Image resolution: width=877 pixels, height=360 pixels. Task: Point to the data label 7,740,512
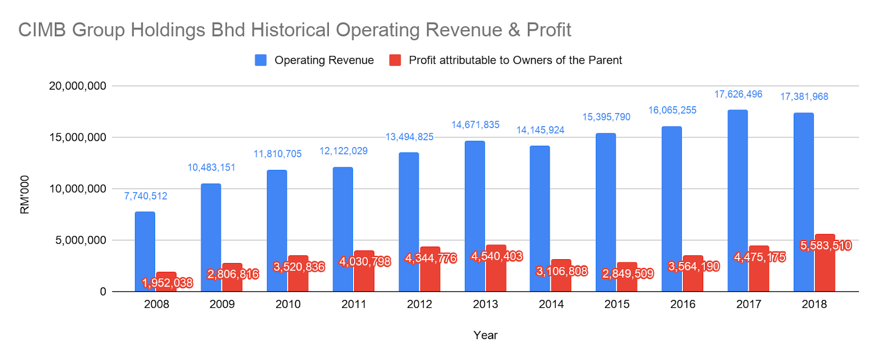coord(145,196)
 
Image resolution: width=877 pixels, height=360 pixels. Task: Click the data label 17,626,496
coord(738,94)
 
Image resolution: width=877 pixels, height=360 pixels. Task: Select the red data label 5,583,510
coord(825,245)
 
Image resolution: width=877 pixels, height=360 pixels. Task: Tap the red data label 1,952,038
coord(167,283)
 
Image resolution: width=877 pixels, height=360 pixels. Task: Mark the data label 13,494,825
coord(409,137)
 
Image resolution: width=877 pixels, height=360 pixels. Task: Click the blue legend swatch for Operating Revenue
coord(261,60)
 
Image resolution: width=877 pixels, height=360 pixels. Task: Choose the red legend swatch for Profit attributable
coord(395,60)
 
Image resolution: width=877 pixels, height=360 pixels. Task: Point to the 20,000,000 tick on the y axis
coord(77,86)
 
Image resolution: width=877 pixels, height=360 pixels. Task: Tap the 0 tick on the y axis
coord(103,292)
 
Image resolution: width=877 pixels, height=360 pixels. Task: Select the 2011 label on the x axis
coord(354,304)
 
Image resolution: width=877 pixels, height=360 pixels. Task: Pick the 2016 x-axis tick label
coord(682,304)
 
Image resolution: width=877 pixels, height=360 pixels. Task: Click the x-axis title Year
coord(485,335)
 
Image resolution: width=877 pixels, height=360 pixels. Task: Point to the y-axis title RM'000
coord(25,195)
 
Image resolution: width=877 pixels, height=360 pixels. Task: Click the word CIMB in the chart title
coord(42,30)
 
